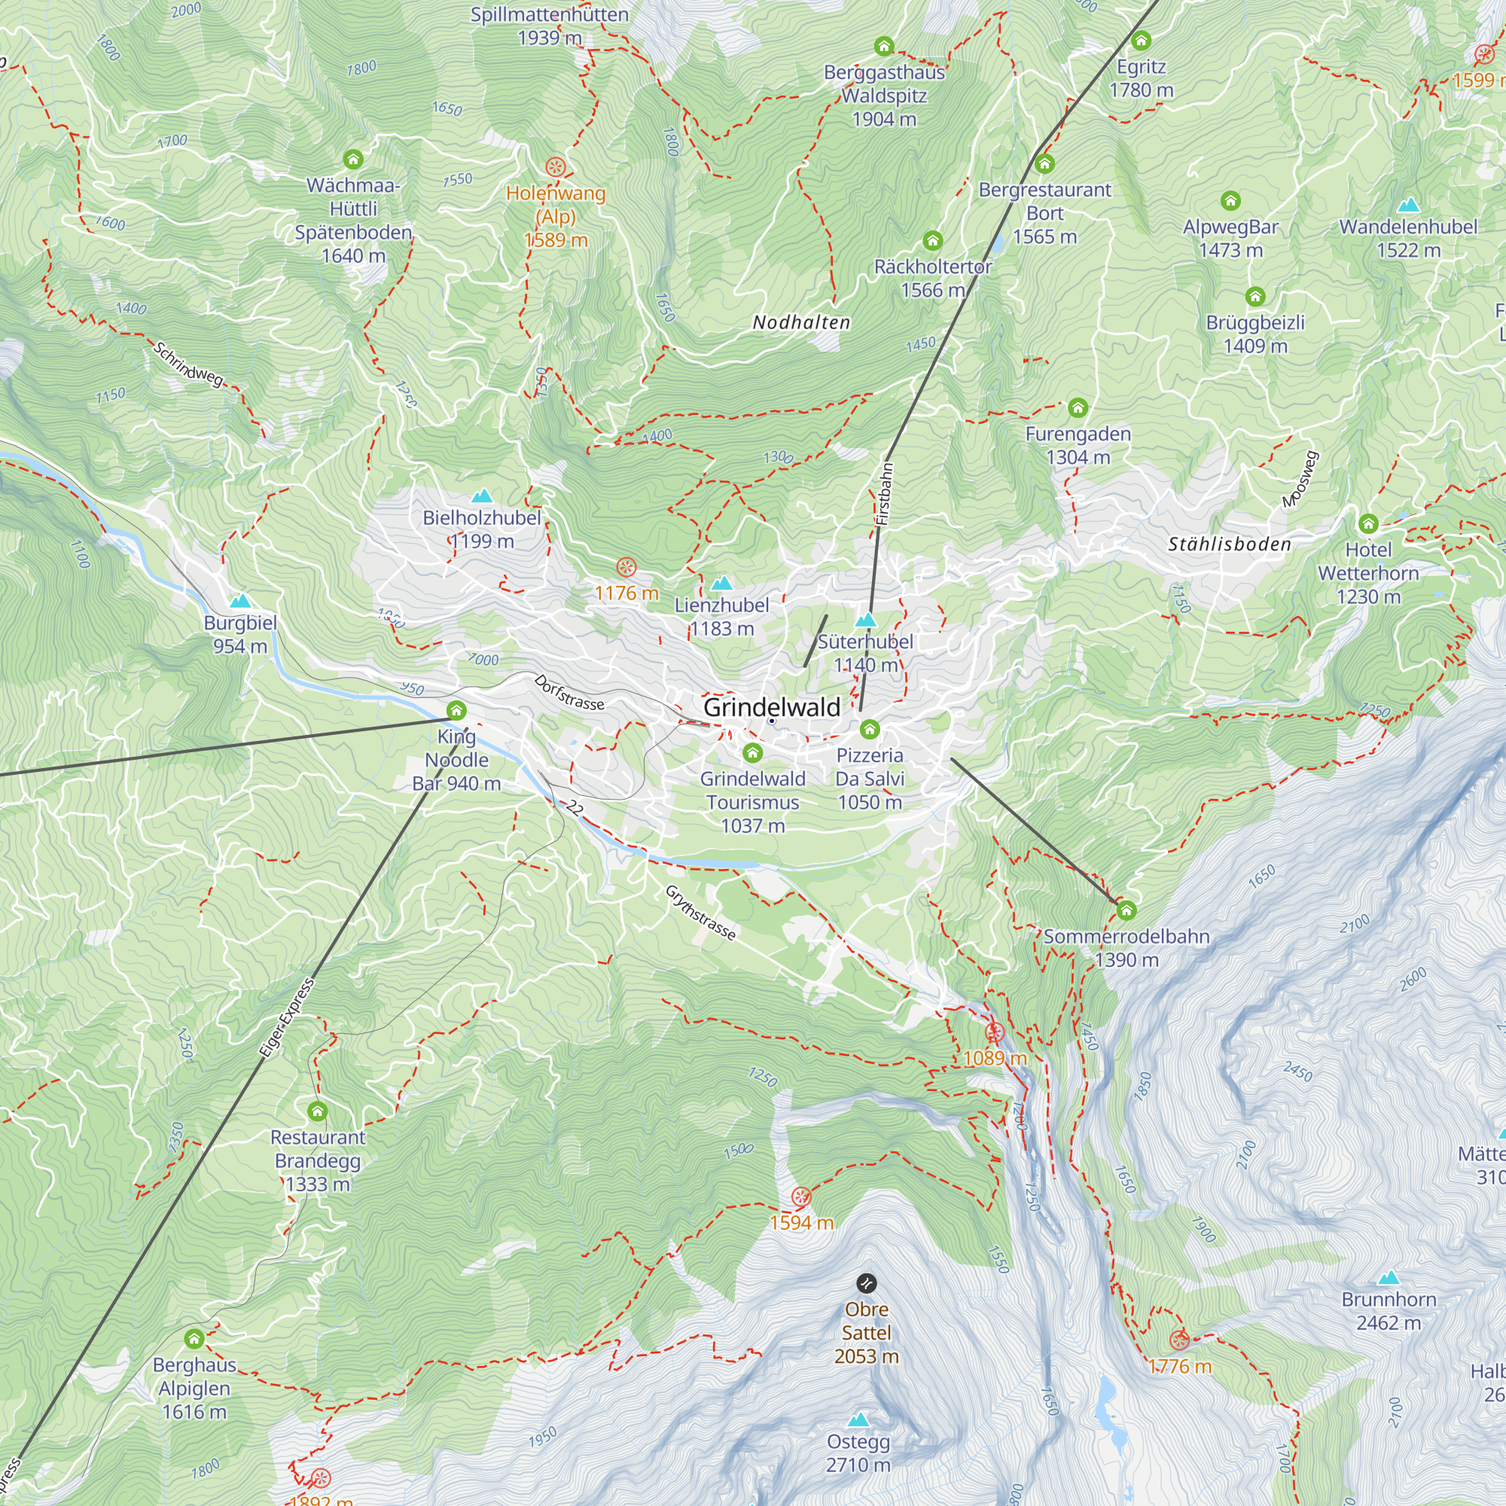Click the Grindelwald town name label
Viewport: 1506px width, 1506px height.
[772, 707]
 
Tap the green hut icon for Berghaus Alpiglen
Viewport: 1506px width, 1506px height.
[194, 1339]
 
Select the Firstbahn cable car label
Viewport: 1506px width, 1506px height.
[883, 494]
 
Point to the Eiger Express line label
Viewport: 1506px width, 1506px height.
[286, 1017]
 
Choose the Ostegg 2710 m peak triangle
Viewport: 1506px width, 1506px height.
[858, 1419]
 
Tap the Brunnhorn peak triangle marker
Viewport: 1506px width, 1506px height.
[1389, 1278]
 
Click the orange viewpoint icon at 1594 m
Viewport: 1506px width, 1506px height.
[800, 1197]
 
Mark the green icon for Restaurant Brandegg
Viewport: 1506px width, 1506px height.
[317, 1111]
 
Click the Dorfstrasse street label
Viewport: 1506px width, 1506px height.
[569, 692]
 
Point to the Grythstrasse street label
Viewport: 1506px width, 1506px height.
[700, 913]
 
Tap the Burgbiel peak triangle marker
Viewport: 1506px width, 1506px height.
[240, 600]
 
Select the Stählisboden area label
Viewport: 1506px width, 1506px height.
[1230, 544]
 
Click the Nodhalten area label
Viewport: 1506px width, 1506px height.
[801, 323]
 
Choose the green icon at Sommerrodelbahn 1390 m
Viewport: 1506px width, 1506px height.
[1126, 910]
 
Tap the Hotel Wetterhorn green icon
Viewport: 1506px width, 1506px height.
[1368, 523]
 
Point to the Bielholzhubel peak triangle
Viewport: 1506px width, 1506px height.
[482, 495]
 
